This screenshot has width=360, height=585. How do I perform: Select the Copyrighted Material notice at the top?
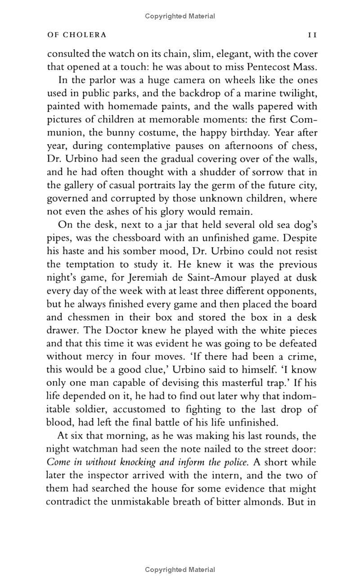coord(180,16)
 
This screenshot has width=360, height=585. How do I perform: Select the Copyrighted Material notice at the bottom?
coord(180,570)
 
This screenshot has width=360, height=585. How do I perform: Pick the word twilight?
coord(295,94)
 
